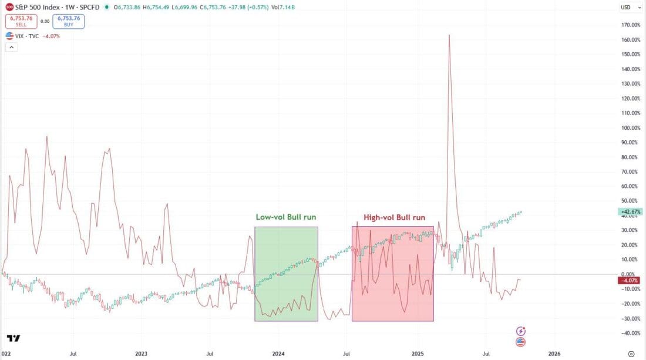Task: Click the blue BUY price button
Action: (x=69, y=21)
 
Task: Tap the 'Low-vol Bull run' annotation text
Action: (x=287, y=217)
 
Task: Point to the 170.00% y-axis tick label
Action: (x=629, y=25)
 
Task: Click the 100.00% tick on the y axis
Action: (x=629, y=127)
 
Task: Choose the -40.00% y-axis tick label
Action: (x=629, y=333)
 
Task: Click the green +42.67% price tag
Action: (x=630, y=211)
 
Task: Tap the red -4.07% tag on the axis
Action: (x=630, y=280)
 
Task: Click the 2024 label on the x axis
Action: (x=278, y=354)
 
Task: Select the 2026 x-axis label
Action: (x=554, y=354)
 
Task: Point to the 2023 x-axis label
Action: (x=141, y=354)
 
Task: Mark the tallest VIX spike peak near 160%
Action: (x=449, y=35)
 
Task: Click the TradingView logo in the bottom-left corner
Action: (x=14, y=338)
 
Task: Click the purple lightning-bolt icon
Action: (x=520, y=331)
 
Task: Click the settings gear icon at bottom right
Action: (x=631, y=354)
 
